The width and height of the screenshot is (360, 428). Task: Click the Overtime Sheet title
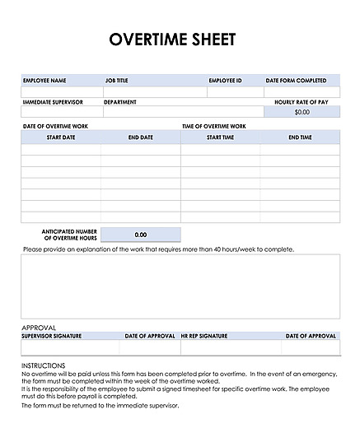(172, 40)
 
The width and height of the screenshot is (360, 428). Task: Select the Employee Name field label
(44, 81)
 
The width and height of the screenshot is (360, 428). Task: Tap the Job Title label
(117, 81)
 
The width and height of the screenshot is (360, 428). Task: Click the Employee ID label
(225, 81)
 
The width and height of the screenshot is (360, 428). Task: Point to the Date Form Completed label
(302, 81)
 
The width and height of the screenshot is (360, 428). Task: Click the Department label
(120, 102)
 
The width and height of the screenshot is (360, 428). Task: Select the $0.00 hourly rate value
(302, 112)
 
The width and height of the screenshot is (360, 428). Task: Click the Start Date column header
(60, 137)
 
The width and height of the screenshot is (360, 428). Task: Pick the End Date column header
(140, 137)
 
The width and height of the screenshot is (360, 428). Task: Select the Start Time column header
(220, 137)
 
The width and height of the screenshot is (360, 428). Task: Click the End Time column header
(300, 137)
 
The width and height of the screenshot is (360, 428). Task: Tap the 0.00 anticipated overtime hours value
(140, 235)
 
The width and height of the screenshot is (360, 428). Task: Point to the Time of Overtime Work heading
(213, 126)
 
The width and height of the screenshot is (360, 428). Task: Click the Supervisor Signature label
(53, 336)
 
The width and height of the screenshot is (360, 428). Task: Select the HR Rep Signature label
(204, 336)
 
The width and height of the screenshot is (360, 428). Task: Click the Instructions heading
(43, 365)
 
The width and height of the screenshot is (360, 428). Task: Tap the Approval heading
(39, 327)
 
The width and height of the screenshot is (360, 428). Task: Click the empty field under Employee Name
(62, 91)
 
